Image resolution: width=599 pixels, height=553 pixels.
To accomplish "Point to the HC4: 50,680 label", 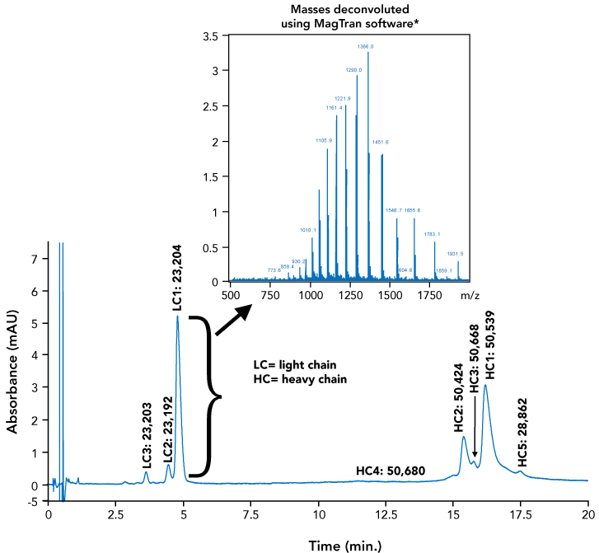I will (x=391, y=471).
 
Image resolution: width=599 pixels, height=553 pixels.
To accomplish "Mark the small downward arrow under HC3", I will (x=475, y=440).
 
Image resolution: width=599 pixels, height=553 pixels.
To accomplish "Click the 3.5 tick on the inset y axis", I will (x=210, y=36).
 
